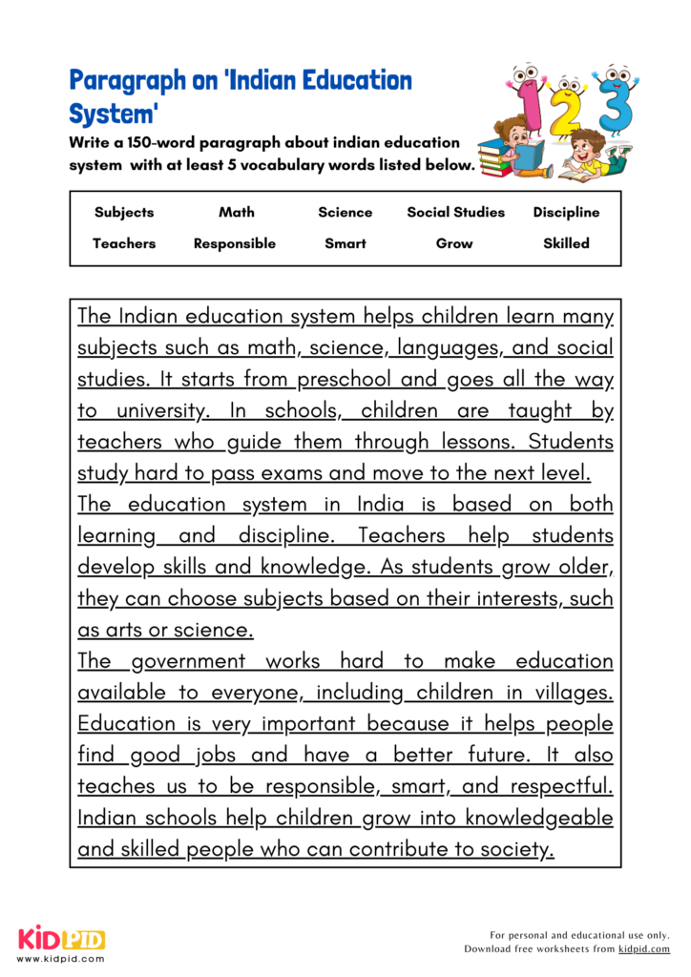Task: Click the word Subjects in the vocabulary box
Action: (x=124, y=212)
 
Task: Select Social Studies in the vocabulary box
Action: (x=454, y=212)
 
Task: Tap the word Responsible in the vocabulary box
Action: (x=234, y=243)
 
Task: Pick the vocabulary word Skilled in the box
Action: (x=566, y=243)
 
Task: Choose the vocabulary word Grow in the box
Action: (x=454, y=243)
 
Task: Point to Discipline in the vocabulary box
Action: (x=566, y=212)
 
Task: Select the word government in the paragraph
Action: (x=187, y=661)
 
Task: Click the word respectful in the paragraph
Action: (x=560, y=787)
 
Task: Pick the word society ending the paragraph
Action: (x=515, y=850)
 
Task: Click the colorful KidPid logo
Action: (x=61, y=940)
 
